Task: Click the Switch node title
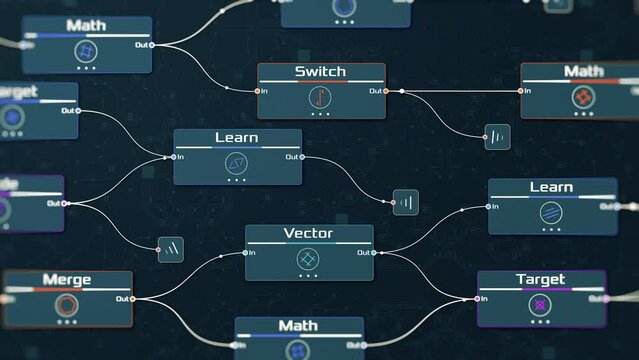320,71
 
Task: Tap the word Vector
308,234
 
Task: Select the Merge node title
67,279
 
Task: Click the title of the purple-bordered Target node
540,279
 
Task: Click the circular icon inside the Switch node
320,97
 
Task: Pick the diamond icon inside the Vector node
308,259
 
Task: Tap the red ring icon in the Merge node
67,305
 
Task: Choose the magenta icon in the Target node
541,304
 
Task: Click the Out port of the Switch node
385,91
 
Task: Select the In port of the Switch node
258,91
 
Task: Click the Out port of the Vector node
373,253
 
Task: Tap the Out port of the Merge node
132,298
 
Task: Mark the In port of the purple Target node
478,298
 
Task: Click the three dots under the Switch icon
320,114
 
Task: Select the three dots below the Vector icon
308,275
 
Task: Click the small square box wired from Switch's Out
497,137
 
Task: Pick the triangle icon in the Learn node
237,163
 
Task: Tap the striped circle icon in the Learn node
551,212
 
